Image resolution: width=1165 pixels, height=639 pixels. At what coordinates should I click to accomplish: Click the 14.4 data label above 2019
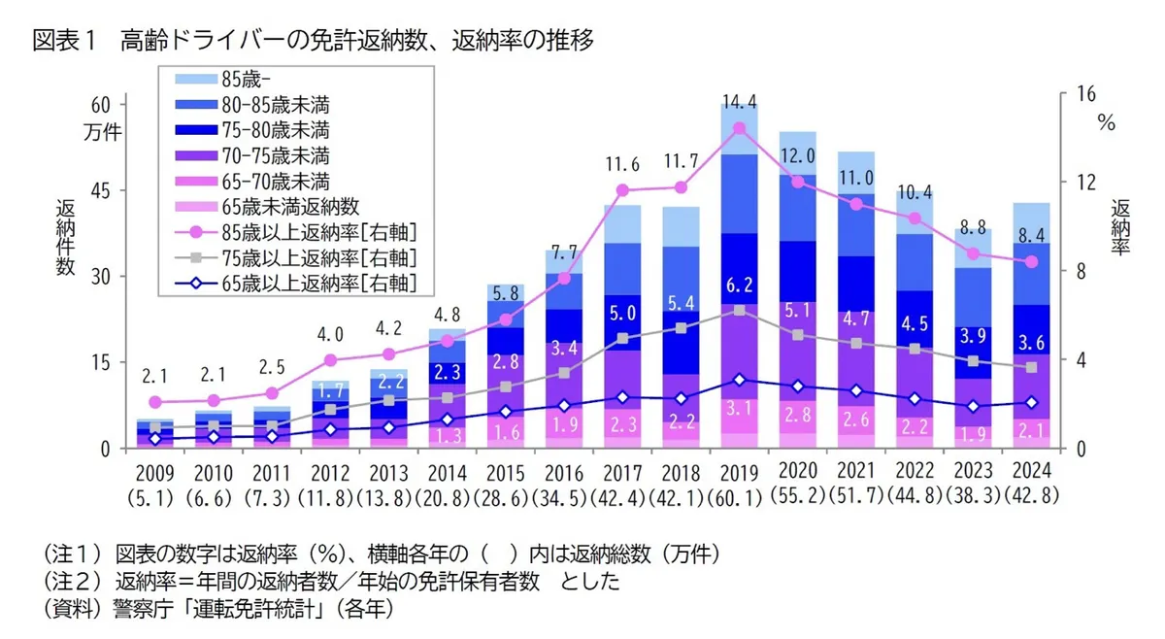click(740, 100)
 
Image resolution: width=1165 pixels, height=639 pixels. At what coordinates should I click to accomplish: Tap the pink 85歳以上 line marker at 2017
click(623, 190)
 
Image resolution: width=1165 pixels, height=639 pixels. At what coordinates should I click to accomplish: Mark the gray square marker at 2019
click(740, 310)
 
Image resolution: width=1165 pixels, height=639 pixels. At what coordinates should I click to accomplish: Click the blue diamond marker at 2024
click(1032, 402)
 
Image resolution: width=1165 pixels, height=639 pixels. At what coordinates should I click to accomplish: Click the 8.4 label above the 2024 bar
click(1032, 234)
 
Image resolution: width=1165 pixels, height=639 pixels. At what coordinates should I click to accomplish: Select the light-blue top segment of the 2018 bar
click(682, 225)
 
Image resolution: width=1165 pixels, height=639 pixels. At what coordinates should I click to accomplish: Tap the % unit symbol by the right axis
click(1106, 122)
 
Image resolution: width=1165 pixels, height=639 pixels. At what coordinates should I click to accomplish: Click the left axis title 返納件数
click(65, 238)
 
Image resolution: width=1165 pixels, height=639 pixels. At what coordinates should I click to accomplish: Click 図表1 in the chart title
click(62, 41)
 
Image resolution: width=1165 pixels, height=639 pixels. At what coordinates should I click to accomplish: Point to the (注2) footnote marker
click(73, 582)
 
